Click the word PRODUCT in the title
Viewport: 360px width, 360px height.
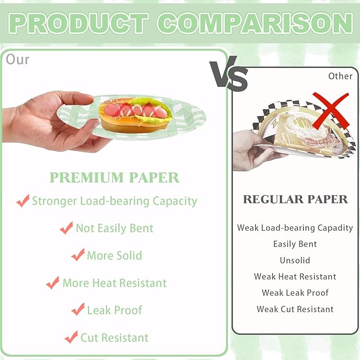point(78,23)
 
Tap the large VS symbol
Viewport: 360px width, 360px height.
point(229,75)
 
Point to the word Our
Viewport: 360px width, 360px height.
point(17,59)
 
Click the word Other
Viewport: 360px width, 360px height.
point(340,76)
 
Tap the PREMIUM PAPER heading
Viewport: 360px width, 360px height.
point(114,178)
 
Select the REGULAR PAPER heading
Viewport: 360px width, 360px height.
point(295,199)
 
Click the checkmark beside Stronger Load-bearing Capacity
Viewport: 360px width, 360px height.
point(23,201)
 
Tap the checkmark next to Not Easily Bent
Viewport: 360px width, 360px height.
point(66,228)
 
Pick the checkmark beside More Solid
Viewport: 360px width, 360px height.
point(78,255)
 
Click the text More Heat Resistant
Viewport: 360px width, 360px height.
point(115,283)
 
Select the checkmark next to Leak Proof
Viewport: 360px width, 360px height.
point(78,310)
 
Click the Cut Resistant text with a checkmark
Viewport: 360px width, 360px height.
point(115,337)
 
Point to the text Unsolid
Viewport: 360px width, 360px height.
point(295,260)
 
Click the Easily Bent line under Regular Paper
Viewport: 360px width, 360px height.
point(295,244)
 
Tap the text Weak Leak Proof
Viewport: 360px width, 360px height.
point(295,293)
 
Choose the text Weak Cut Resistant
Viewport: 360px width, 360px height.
point(295,309)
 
